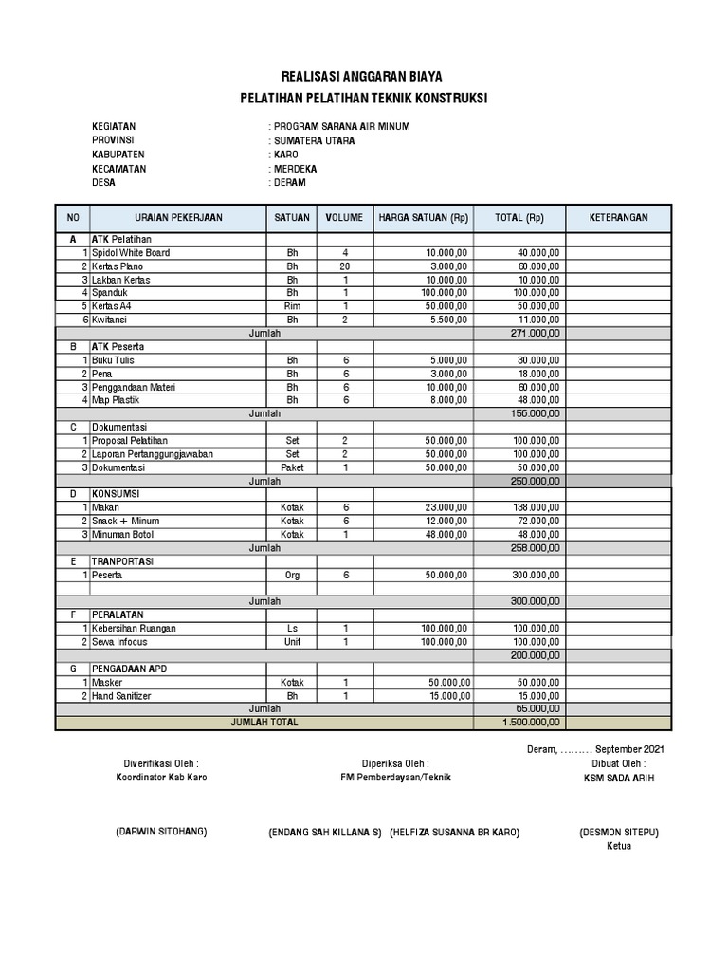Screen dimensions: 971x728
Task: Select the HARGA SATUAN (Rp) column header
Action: (424, 217)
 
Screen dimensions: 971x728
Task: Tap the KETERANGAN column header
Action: (619, 217)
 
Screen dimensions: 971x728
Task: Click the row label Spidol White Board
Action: (133, 253)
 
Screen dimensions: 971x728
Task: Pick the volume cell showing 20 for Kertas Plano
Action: (345, 266)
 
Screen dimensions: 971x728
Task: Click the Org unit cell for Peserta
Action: (292, 575)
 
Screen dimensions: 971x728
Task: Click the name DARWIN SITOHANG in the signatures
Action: (160, 832)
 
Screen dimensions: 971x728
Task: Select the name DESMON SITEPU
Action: (619, 832)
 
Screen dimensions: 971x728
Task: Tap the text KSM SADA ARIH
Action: (619, 778)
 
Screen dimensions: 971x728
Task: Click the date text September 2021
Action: (629, 749)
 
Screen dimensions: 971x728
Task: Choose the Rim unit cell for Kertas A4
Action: (292, 307)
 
